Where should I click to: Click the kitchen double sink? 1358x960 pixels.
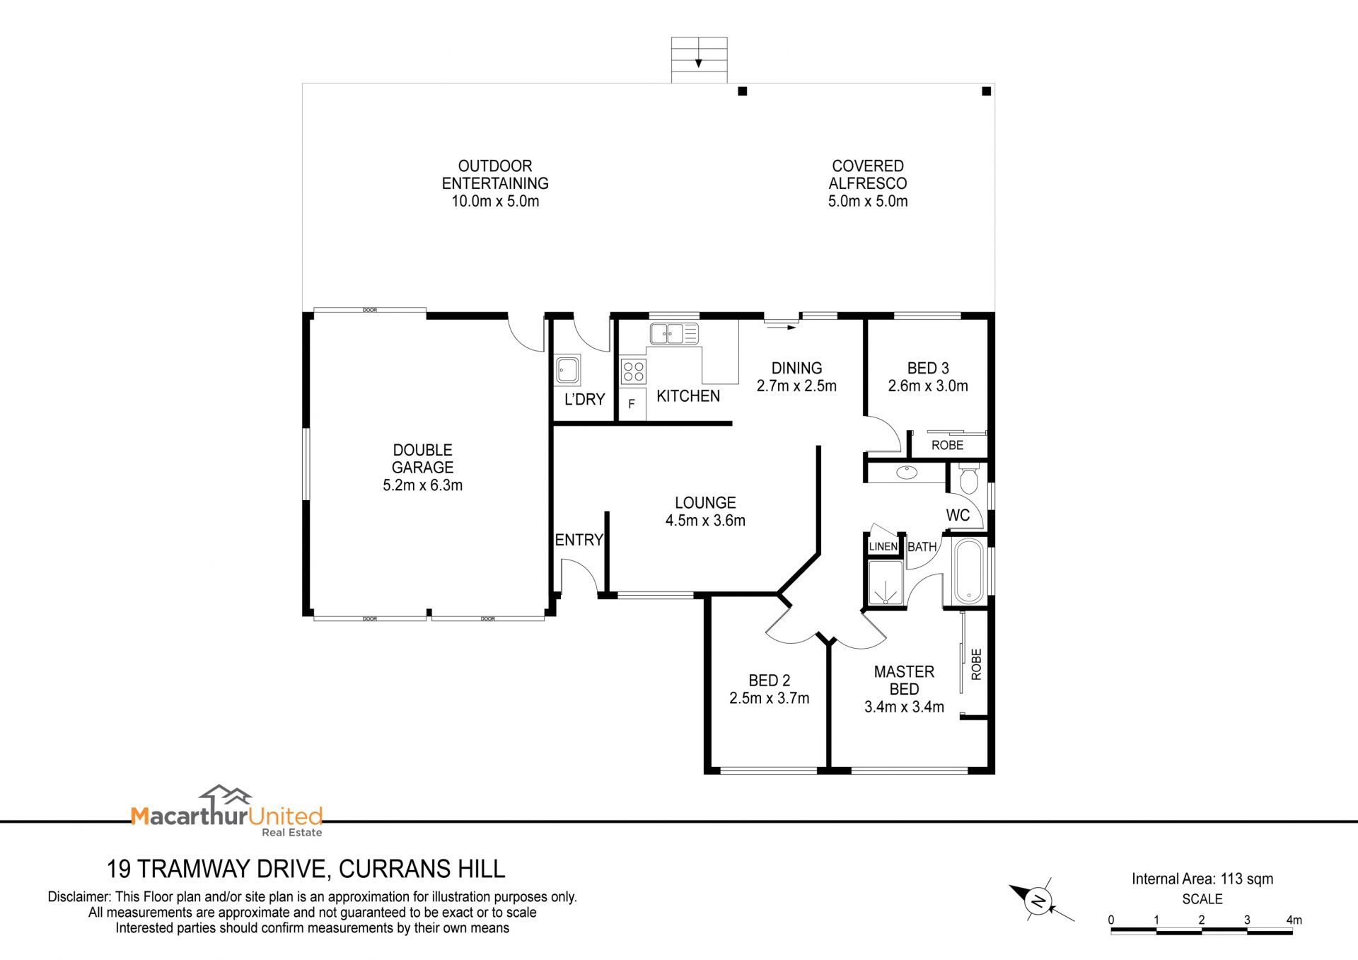click(674, 333)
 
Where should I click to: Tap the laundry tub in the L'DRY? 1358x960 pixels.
click(567, 369)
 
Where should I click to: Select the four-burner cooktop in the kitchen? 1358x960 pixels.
click(633, 371)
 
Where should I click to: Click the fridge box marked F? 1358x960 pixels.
click(632, 404)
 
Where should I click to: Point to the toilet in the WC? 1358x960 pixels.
click(968, 479)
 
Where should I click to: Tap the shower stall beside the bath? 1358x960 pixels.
click(886, 583)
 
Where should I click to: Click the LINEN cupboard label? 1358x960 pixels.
click(883, 546)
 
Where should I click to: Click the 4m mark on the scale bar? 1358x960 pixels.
click(1294, 920)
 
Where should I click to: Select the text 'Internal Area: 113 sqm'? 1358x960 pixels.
click(1202, 879)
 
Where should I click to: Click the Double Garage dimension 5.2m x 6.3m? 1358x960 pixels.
click(423, 485)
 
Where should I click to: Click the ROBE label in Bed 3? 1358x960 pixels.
click(948, 445)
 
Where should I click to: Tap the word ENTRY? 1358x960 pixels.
click(579, 540)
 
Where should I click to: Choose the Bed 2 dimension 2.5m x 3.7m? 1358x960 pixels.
click(770, 698)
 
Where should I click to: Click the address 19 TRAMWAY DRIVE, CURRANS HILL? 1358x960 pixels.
click(306, 868)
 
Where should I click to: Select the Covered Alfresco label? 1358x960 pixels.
click(868, 175)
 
